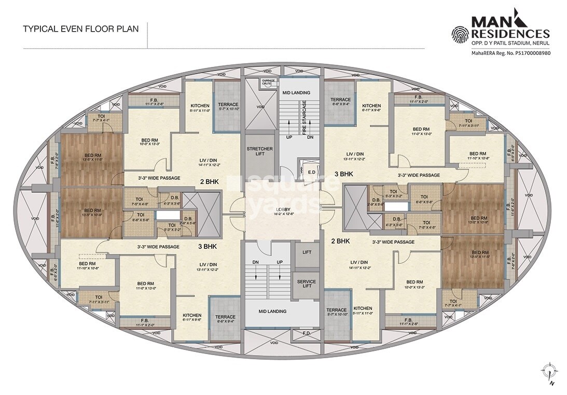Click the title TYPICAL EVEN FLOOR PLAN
[80, 29]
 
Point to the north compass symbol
[548, 372]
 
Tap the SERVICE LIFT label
[306, 285]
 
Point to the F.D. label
[307, 332]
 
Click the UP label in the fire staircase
[289, 137]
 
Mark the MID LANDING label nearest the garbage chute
[296, 93]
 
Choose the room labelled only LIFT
[306, 251]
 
